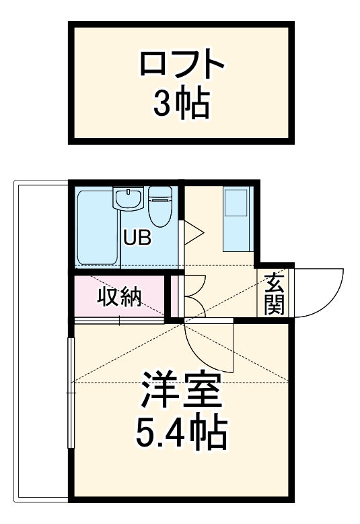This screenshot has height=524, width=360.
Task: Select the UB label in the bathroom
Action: pos(137,238)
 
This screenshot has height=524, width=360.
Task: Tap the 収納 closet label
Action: pos(120,296)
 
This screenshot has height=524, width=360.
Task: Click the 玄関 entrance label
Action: pos(274,294)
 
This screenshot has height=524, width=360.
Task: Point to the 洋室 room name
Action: pos(181,390)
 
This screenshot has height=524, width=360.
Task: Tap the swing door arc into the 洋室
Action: pos(205,350)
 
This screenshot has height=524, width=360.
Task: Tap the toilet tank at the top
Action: pos(161,193)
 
